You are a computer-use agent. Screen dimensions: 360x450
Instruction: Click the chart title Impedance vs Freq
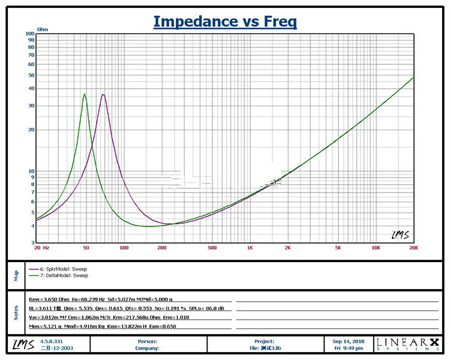(x=225, y=22)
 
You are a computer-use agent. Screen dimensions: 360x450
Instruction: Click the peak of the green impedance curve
(x=85, y=94)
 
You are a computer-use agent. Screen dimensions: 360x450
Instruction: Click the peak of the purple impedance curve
(x=103, y=95)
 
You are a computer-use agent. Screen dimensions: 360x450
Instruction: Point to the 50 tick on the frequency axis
(x=86, y=247)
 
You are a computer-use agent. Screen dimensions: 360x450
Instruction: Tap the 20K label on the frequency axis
(x=413, y=247)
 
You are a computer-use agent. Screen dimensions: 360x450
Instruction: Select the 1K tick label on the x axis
(x=250, y=247)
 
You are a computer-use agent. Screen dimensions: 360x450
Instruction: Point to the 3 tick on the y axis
(x=32, y=243)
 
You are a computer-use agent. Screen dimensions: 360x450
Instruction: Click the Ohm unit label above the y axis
(x=43, y=29)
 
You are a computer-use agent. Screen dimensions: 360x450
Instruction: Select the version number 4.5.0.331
(x=52, y=341)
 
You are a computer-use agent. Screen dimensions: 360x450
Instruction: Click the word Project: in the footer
(x=264, y=341)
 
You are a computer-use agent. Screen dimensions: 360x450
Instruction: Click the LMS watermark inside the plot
(x=400, y=235)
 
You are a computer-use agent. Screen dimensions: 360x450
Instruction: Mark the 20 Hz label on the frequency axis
(x=42, y=247)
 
